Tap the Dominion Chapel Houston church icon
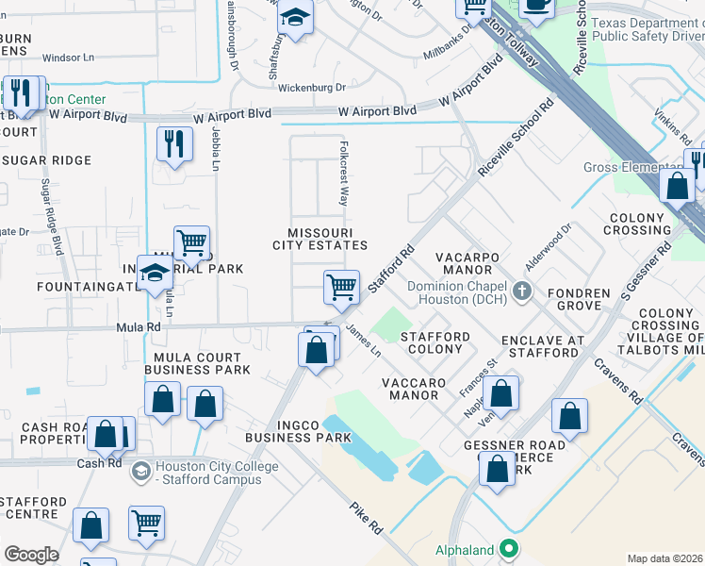click(x=525, y=293)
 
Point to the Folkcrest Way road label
click(x=344, y=175)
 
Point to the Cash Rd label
click(x=100, y=463)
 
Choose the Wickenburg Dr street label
click(x=312, y=88)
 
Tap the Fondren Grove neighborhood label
click(x=578, y=299)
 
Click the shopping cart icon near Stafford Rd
click(x=341, y=287)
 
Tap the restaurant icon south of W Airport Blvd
click(x=173, y=144)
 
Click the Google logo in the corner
click(x=31, y=555)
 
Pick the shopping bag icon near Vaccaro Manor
click(x=501, y=391)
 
